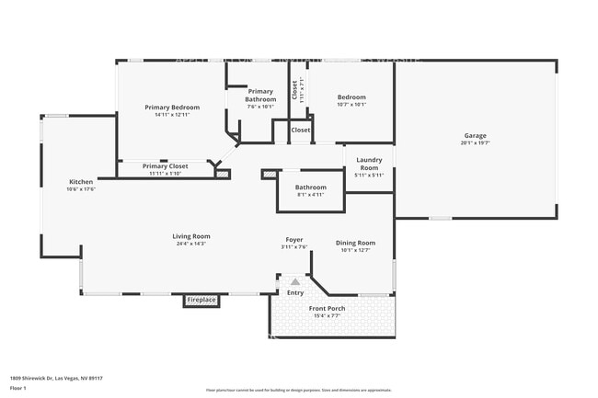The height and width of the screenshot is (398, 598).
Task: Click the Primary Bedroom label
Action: [172, 108]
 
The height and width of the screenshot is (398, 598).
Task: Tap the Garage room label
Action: [475, 136]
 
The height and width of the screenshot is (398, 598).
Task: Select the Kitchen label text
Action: [80, 182]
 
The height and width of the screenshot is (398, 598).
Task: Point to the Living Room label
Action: [191, 237]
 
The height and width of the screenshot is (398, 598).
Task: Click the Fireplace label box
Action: [201, 300]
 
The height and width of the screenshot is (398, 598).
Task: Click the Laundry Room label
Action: [369, 164]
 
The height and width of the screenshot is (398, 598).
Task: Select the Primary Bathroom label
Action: [260, 96]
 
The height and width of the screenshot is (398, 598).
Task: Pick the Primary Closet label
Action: [166, 166]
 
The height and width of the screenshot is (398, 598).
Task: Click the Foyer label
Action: [293, 240]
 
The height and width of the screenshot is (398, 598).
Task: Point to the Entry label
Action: [294, 292]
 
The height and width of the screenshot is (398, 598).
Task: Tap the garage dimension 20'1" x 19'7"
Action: [475, 143]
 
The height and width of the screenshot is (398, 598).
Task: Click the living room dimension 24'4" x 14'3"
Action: [191, 244]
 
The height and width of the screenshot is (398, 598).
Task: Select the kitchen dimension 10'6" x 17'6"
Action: [80, 189]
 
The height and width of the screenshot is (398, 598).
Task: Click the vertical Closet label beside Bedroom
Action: [294, 89]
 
